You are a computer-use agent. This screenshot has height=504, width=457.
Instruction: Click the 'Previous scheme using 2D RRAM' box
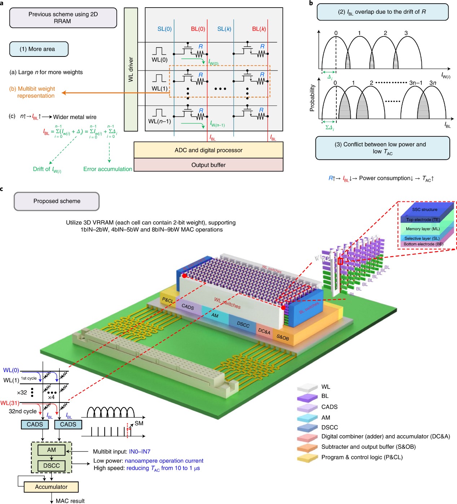click(63, 18)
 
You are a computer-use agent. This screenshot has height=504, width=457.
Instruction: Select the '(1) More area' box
click(39, 49)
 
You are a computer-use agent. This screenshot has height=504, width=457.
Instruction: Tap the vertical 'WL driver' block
click(131, 69)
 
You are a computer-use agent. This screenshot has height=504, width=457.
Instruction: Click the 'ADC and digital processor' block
click(208, 150)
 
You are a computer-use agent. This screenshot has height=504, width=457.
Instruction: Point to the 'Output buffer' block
click(208, 165)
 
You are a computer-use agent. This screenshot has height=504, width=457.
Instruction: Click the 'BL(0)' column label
click(198, 29)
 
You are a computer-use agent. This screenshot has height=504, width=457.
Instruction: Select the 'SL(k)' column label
click(224, 29)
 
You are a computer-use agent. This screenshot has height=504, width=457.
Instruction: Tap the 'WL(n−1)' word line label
click(159, 122)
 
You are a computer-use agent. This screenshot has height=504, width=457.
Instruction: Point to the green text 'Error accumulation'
click(108, 169)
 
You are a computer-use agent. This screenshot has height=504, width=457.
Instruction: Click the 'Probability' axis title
click(312, 98)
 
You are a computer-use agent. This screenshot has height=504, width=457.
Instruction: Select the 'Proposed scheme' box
click(57, 201)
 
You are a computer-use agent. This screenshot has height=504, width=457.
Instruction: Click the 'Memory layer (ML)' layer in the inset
click(423, 229)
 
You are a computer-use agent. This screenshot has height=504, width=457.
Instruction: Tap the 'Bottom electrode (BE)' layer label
click(423, 244)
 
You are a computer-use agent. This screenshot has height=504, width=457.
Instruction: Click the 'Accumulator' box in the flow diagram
click(51, 487)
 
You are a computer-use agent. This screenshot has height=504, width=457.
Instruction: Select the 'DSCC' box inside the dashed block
click(52, 466)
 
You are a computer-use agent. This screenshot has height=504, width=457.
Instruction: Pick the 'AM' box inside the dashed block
click(52, 450)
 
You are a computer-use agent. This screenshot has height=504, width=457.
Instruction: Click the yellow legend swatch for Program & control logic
click(307, 458)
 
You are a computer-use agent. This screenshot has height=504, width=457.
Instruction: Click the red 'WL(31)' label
click(9, 403)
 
